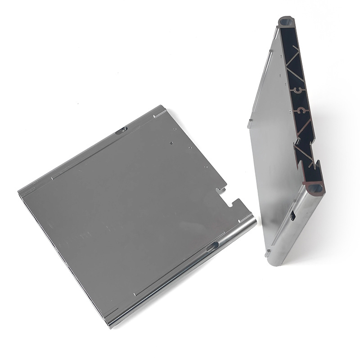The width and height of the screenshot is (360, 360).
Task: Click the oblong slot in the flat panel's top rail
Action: (x=121, y=130)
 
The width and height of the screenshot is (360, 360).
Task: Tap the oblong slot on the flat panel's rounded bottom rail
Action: (x=212, y=246)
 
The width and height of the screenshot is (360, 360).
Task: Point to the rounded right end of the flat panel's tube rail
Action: (x=253, y=221)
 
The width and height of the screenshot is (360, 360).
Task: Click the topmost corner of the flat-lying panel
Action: (x=162, y=107)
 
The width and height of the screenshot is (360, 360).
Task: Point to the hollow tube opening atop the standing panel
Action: (x=285, y=21)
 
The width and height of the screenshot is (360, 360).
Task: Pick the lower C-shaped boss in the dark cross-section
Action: (x=300, y=109)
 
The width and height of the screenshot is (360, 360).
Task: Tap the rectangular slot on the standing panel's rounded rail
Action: (x=292, y=216)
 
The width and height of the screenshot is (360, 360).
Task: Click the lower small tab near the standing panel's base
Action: (x=268, y=250)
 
